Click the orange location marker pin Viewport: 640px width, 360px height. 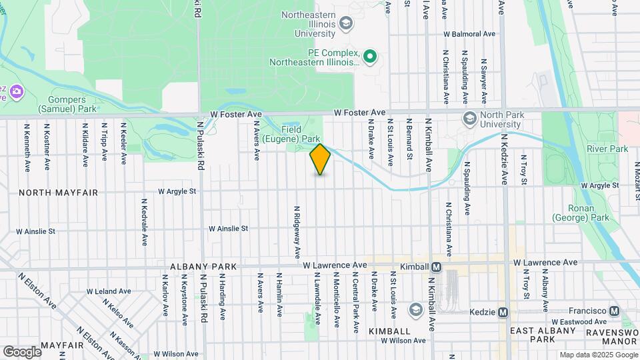click(320, 159)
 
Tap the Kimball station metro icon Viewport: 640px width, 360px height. click(437, 267)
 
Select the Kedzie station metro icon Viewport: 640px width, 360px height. click(503, 312)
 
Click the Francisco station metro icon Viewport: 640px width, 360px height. click(614, 311)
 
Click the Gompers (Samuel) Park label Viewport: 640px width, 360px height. click(58, 103)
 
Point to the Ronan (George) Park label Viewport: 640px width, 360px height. click(581, 212)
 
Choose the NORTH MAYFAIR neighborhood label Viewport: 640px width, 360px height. click(59, 193)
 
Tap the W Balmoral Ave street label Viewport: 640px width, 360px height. click(470, 33)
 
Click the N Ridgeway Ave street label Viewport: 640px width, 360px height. click(297, 232)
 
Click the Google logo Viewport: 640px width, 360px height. click(22, 351)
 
